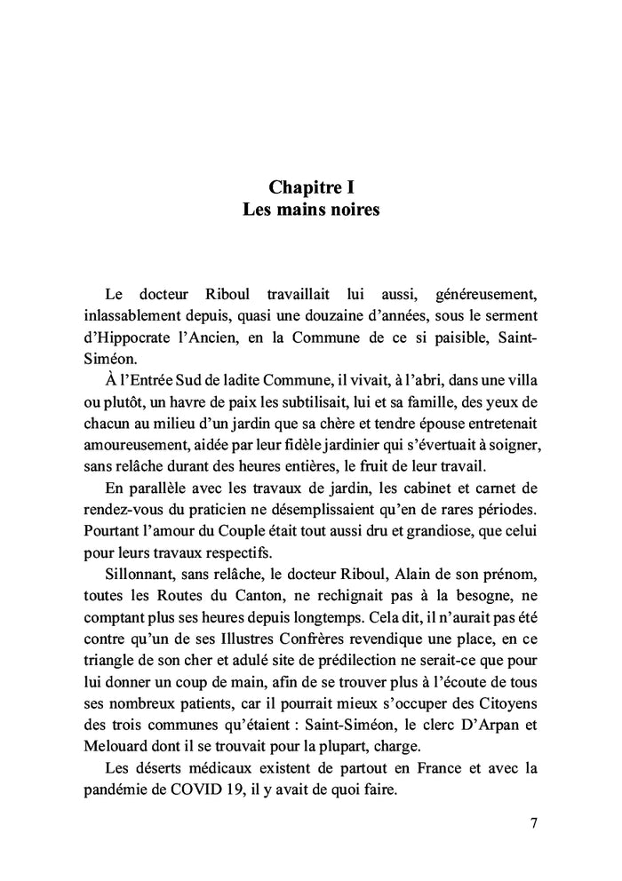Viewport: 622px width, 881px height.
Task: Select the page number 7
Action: click(x=534, y=822)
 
